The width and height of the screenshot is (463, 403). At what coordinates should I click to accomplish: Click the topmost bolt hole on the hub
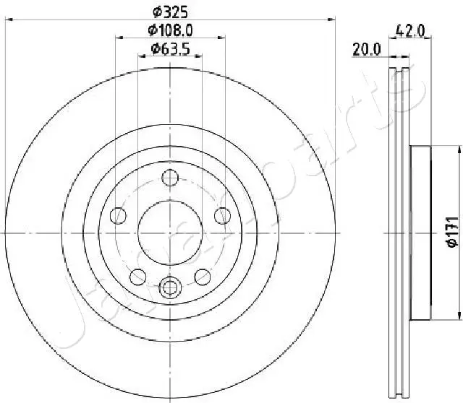tap(169, 177)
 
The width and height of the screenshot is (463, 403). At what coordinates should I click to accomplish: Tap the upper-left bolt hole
tap(116, 214)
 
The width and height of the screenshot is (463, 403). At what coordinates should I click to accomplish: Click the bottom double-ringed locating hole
tap(169, 287)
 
